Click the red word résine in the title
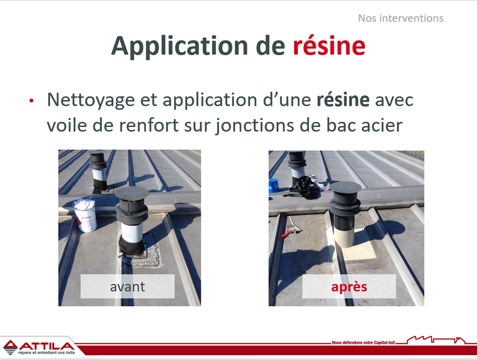pyautogui.click(x=329, y=46)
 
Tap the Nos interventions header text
pyautogui.click(x=401, y=18)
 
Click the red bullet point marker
pyautogui.click(x=31, y=100)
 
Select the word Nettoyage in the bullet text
pyautogui.click(x=91, y=100)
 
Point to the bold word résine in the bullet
pyautogui.click(x=343, y=99)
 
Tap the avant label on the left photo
pyautogui.click(x=127, y=287)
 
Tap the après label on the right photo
pyautogui.click(x=349, y=287)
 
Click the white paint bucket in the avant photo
pyautogui.click(x=85, y=215)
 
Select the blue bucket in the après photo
pyautogui.click(x=274, y=185)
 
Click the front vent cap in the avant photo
pyautogui.click(x=132, y=193)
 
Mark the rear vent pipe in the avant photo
pyautogui.click(x=98, y=171)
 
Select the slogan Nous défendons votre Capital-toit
pyautogui.click(x=363, y=343)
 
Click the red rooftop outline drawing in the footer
pyautogui.click(x=436, y=339)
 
